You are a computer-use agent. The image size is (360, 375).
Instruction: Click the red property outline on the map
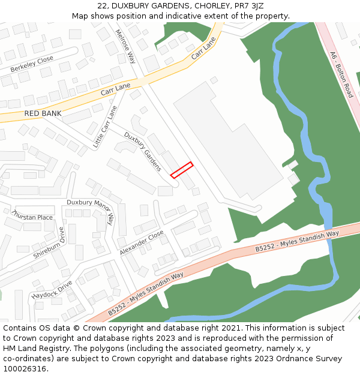[x=182, y=170]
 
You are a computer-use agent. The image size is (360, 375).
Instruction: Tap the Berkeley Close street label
[x=32, y=64]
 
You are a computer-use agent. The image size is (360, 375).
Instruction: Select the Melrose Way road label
[x=125, y=46]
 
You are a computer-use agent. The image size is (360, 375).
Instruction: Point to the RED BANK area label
[x=43, y=113]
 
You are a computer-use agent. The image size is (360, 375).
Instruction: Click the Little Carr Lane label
[x=106, y=127]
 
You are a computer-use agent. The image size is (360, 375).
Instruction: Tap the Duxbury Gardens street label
[x=143, y=151]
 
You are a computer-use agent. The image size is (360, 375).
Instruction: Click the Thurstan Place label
[x=32, y=217]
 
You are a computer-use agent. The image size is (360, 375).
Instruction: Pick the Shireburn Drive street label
[x=49, y=242]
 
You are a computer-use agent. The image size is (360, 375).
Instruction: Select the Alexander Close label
[x=141, y=243]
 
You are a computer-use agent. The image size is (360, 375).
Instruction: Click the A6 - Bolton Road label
[x=341, y=74]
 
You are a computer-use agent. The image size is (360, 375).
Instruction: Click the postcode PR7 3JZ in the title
[x=248, y=5]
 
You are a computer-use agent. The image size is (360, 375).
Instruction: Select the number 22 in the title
[x=103, y=5]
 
